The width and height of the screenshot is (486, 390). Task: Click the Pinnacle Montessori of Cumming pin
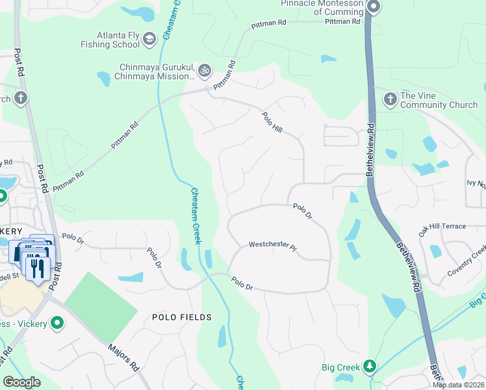[x=373, y=8]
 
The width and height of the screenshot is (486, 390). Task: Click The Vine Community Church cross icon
[x=390, y=99]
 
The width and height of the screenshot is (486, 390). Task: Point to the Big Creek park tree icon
[x=369, y=367]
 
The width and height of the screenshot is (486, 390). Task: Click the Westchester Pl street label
[x=272, y=246]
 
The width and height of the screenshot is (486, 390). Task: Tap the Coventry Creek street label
[x=467, y=260]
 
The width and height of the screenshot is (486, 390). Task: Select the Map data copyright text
[x=458, y=385]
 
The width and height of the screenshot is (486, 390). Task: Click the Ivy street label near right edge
[x=476, y=184]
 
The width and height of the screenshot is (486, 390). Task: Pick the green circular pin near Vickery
[x=57, y=322]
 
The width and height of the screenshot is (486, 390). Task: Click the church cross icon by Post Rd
[x=21, y=99]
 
